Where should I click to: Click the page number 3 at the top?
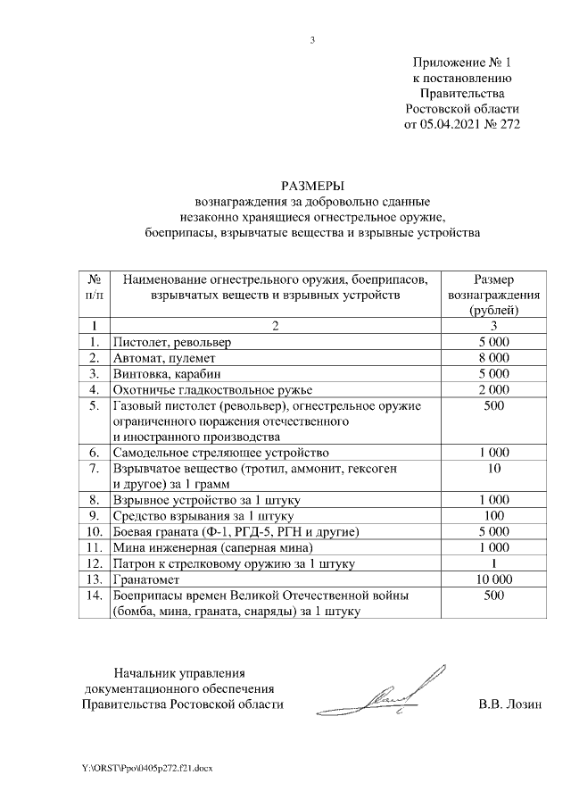tap(312, 39)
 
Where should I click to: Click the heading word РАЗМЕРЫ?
tap(311, 185)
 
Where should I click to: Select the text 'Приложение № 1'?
tap(464, 62)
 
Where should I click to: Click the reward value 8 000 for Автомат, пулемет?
tap(493, 357)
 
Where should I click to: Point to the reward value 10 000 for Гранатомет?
tap(493, 579)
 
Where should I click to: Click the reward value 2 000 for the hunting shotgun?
tap(493, 389)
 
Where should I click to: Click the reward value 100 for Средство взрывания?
tap(493, 516)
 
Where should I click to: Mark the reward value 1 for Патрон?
tap(493, 563)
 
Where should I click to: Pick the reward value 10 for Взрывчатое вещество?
tap(493, 469)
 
